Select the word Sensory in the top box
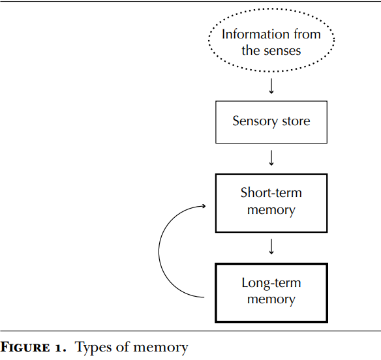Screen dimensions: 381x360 click(x=255, y=121)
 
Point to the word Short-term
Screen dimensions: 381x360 click(x=271, y=192)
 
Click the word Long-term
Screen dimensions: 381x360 click(x=271, y=283)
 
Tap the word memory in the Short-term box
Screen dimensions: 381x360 click(x=271, y=211)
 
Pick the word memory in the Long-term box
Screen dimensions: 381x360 click(x=271, y=299)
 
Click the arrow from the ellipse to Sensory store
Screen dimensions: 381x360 click(x=271, y=86)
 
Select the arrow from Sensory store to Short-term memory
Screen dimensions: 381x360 click(x=271, y=158)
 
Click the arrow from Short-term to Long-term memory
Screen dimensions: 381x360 click(x=271, y=247)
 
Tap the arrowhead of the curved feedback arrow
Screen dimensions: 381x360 click(x=205, y=206)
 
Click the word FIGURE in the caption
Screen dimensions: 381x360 click(x=25, y=347)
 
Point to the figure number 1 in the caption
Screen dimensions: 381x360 click(x=58, y=348)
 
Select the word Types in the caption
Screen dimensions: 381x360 click(x=93, y=348)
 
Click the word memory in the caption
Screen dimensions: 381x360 click(x=160, y=348)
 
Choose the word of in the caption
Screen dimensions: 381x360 click(x=123, y=347)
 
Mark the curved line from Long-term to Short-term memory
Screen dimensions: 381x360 click(x=159, y=252)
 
